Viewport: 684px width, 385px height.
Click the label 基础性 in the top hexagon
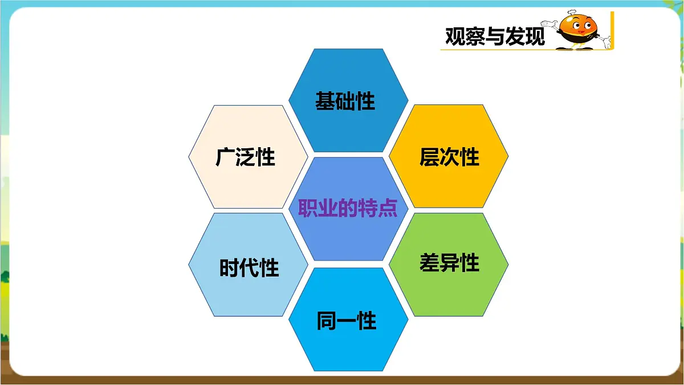point(345,101)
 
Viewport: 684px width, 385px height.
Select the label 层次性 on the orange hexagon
point(449,157)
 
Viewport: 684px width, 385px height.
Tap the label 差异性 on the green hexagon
point(449,263)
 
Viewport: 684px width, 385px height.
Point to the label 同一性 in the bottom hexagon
point(347,321)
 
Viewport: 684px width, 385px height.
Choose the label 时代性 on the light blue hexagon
point(249,268)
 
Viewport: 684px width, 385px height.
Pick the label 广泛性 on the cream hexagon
point(246,157)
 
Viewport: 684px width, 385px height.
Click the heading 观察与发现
point(495,37)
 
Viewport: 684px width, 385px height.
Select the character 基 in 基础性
point(325,101)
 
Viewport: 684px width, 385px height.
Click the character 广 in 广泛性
point(226,157)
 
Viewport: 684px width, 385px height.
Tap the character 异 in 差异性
point(449,263)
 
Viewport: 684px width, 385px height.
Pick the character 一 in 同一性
point(347,321)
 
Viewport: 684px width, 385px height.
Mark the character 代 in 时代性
point(249,268)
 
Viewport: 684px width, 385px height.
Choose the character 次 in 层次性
point(449,157)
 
